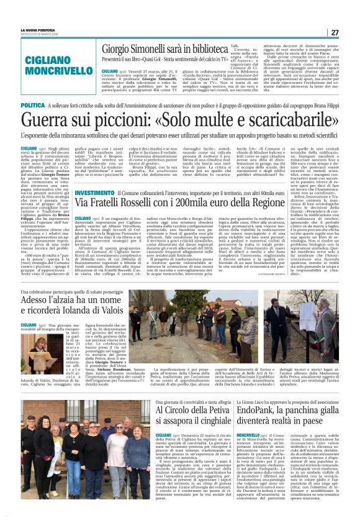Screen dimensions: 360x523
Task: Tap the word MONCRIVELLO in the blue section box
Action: (x=51, y=73)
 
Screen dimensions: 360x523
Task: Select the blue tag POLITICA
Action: (x=33, y=106)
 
